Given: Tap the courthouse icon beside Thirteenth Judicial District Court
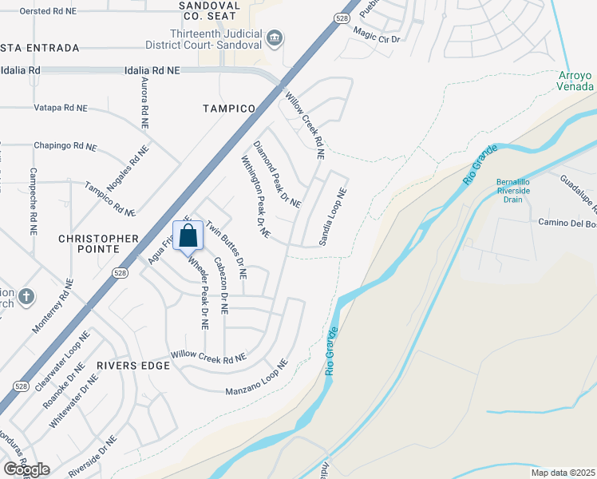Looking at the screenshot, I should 274,37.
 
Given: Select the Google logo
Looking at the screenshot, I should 26,469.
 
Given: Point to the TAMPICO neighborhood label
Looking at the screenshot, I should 228,108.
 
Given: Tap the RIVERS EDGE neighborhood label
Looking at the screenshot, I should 133,366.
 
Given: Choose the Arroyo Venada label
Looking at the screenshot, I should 575,81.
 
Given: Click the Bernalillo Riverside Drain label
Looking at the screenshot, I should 513,190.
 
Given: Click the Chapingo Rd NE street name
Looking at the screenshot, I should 65,146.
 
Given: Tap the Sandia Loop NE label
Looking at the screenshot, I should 334,216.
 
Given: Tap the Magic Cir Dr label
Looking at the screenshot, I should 377,34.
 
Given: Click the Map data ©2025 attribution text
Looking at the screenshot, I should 563,473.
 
